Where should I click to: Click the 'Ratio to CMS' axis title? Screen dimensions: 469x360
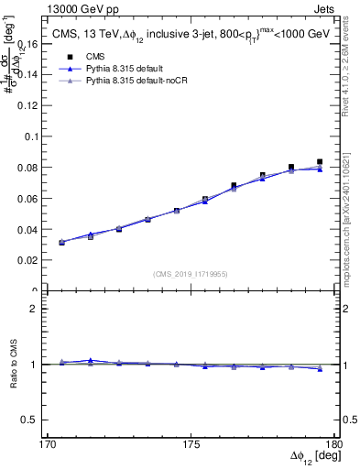[12, 365]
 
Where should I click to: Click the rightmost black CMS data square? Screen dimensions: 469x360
[320, 162]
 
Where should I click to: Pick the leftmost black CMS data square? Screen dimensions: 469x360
[61, 243]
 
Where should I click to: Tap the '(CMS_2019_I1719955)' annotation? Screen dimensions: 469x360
[191, 274]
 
